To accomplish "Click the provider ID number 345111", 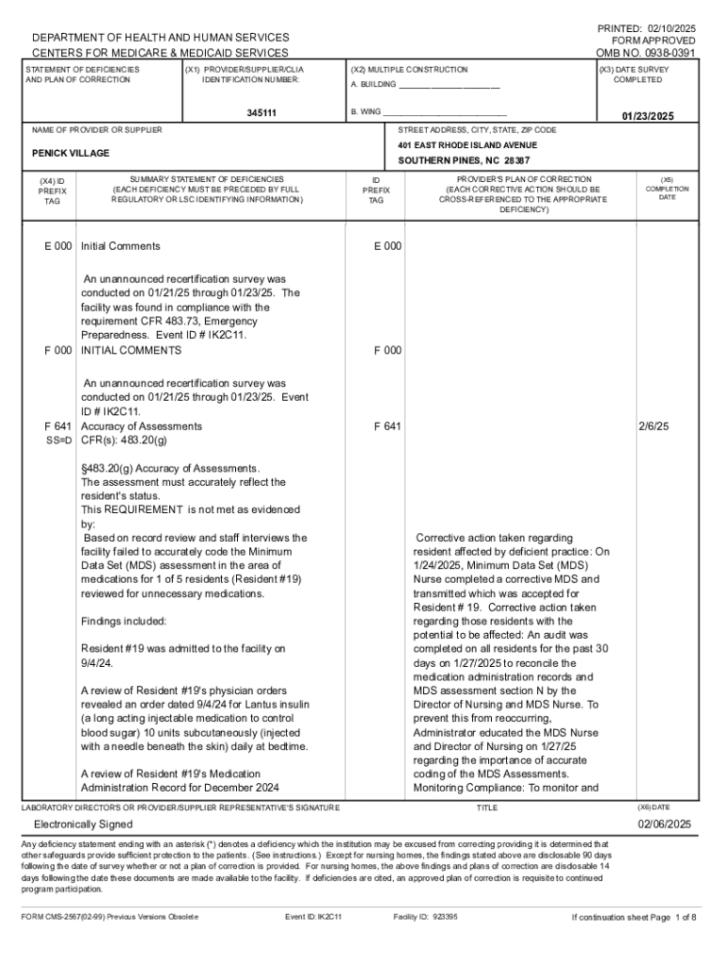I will (x=262, y=113).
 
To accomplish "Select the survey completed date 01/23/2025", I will (x=647, y=116).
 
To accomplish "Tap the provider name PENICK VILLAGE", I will (x=71, y=153).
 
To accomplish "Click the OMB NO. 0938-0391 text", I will (x=646, y=54).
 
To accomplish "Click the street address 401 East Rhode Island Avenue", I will (x=467, y=145).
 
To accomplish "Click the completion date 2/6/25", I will (x=653, y=426).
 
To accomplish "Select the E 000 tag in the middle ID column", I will (x=387, y=246).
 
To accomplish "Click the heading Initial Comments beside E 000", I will (x=121, y=246).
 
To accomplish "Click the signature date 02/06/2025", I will (x=665, y=824).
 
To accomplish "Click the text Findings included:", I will (x=124, y=622).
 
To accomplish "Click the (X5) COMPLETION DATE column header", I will (x=667, y=188).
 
